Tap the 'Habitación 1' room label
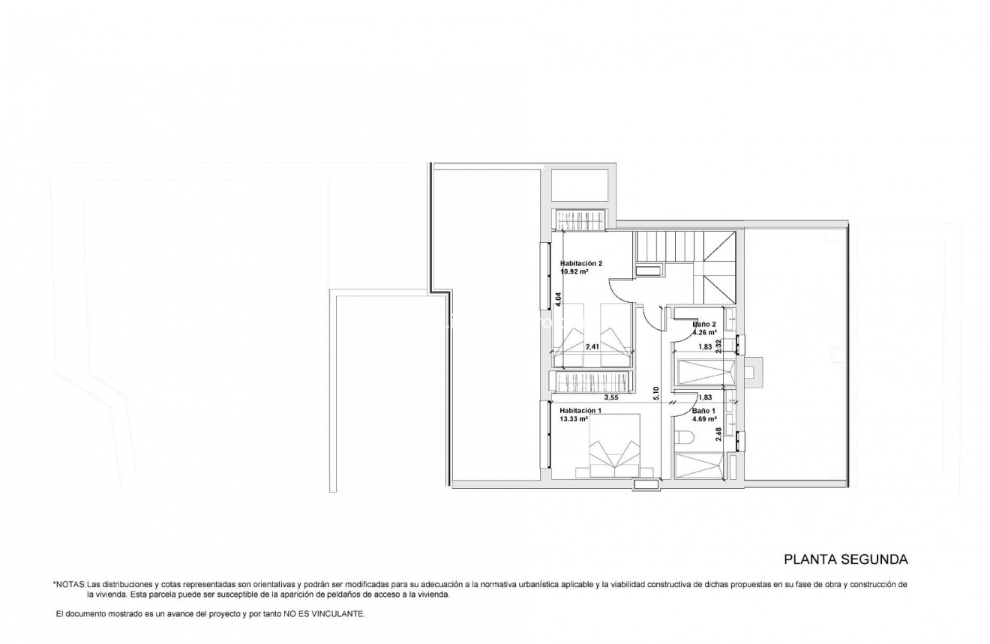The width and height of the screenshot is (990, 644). (580, 411)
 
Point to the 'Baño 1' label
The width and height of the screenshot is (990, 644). (703, 411)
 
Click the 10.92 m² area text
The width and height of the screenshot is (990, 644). (574, 272)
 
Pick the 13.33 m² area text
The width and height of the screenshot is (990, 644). (574, 419)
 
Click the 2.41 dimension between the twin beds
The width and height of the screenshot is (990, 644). (592, 346)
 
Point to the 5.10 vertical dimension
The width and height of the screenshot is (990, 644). (655, 393)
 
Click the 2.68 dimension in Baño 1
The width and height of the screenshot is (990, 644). (718, 435)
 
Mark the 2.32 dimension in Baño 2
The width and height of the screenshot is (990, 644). (718, 346)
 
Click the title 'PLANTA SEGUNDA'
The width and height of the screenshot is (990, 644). (846, 559)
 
